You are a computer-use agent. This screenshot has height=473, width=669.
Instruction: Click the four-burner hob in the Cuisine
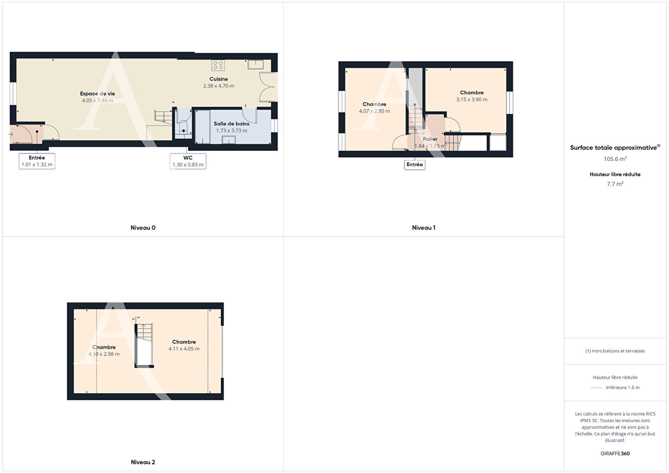click(218, 65)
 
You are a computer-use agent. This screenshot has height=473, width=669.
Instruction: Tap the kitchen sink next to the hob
click(256, 64)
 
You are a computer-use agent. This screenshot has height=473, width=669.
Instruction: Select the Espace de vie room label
click(97, 93)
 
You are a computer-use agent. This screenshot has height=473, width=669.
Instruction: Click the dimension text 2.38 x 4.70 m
click(219, 86)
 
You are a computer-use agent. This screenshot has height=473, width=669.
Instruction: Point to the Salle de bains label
click(231, 124)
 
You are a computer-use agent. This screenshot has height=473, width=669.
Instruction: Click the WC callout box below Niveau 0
click(188, 161)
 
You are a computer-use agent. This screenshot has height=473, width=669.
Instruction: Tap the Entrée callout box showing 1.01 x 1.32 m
click(37, 161)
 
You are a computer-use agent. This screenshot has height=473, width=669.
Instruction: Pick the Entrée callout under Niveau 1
click(415, 164)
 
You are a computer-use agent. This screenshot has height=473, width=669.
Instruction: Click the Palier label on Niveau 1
click(430, 139)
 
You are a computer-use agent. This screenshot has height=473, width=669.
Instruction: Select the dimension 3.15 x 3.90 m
click(472, 100)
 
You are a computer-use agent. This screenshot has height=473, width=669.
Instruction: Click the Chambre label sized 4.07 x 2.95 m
click(374, 104)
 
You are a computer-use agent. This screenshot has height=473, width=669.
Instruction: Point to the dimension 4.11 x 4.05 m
click(184, 349)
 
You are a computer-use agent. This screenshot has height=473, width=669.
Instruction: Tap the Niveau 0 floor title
click(143, 228)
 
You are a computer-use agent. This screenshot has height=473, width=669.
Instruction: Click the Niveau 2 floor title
click(143, 462)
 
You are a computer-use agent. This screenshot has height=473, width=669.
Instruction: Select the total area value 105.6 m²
click(615, 159)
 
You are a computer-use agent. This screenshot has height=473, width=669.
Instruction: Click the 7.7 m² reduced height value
click(615, 184)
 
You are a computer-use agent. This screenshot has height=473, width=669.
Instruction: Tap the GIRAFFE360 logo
click(615, 453)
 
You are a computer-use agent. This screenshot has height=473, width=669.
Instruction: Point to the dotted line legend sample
click(597, 388)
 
